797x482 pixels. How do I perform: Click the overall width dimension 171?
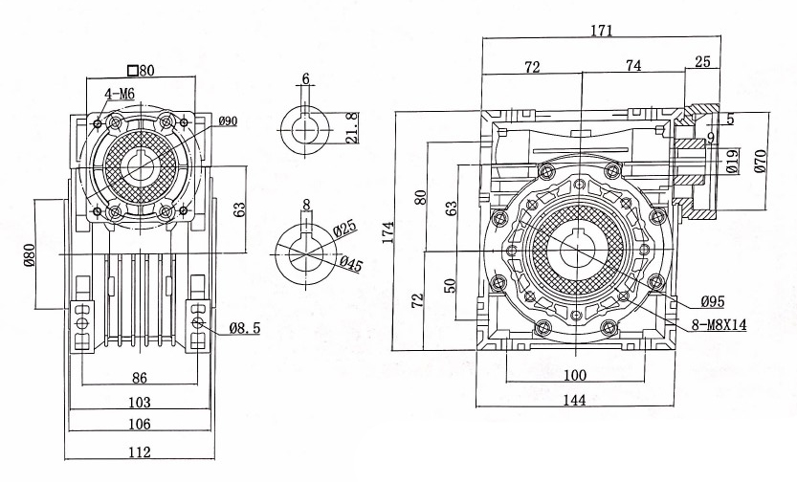click(x=601, y=31)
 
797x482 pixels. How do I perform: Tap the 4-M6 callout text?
click(x=119, y=92)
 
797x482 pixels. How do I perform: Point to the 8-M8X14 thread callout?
click(x=719, y=325)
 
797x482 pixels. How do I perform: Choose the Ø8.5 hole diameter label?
click(x=245, y=327)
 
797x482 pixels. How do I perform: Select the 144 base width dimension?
click(x=574, y=401)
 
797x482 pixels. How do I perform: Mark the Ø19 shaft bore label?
click(x=732, y=161)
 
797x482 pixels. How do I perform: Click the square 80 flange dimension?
click(x=140, y=70)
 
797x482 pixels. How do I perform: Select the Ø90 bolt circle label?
click(x=228, y=121)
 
